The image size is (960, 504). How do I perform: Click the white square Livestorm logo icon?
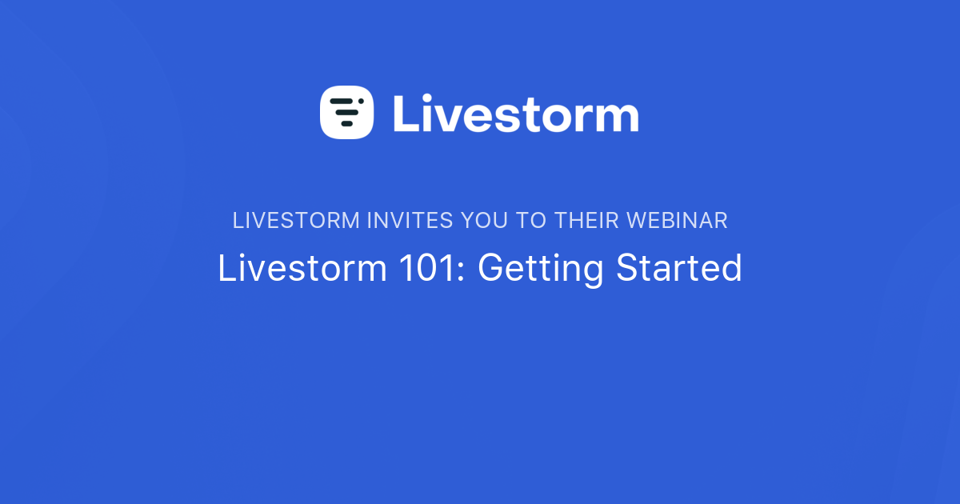(347, 113)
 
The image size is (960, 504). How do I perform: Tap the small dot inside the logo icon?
(361, 101)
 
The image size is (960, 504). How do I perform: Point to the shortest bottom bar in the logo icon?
(346, 124)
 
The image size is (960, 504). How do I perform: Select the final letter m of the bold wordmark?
(614, 118)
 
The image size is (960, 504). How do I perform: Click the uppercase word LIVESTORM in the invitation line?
(296, 221)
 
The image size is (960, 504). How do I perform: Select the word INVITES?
(410, 221)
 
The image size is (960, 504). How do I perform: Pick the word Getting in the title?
(540, 270)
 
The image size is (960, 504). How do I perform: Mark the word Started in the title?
(678, 269)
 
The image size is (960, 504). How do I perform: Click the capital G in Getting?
(490, 269)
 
